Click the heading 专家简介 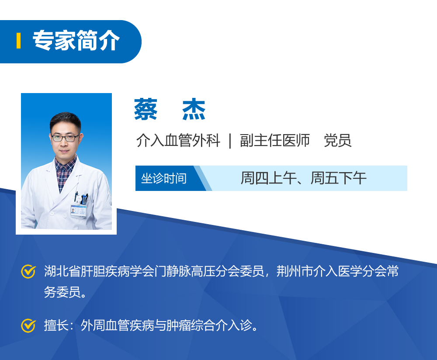coord(76,42)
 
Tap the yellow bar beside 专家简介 coord(18,41)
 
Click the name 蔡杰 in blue coord(170,110)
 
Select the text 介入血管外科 coord(178,141)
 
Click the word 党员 coord(337,141)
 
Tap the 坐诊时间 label coord(164,178)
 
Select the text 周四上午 coord(268,178)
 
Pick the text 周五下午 coord(338,178)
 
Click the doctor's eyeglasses coord(66,138)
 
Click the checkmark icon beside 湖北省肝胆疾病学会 coord(28,271)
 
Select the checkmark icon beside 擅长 coord(28,325)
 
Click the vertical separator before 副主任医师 coord(230,141)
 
